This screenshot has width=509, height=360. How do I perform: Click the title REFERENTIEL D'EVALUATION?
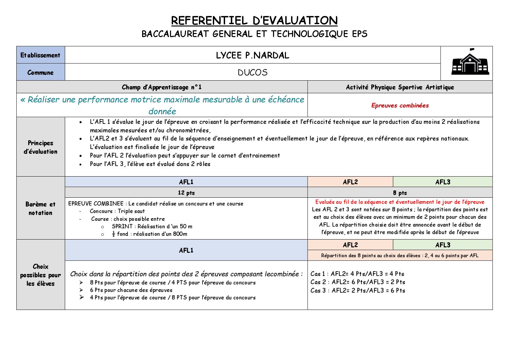pyautogui.click(x=254, y=21)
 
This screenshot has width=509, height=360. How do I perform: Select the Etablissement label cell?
pyautogui.click(x=40, y=55)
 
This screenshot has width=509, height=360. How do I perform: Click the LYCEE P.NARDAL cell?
pyautogui.click(x=253, y=55)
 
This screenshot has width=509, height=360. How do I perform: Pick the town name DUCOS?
pyautogui.click(x=253, y=72)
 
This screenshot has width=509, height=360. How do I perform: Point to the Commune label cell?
pyautogui.click(x=40, y=72)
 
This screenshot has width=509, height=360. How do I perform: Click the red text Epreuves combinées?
pyautogui.click(x=400, y=105)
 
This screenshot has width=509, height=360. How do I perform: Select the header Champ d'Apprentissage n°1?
pyautogui.click(x=162, y=87)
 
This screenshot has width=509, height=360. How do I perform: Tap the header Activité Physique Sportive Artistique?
pyautogui.click(x=400, y=87)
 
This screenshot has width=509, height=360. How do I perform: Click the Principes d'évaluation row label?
pyautogui.click(x=40, y=147)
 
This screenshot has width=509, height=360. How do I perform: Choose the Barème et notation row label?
pyautogui.click(x=40, y=208)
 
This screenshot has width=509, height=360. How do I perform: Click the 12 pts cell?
pyautogui.click(x=186, y=193)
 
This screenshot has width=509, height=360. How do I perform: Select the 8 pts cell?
pyautogui.click(x=400, y=193)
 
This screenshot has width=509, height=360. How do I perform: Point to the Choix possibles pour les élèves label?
pyautogui.click(x=40, y=275)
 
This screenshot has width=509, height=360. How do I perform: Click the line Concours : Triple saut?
pyautogui.click(x=117, y=211)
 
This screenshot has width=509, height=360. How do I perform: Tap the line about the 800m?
pyautogui.click(x=150, y=234)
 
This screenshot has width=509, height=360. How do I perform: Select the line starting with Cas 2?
pyautogui.click(x=358, y=282)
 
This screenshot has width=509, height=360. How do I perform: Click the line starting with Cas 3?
pyautogui.click(x=358, y=291)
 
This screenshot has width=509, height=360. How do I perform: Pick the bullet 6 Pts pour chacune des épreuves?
pyautogui.click(x=131, y=290)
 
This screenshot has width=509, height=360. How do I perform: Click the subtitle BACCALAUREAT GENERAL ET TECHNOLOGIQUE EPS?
pyautogui.click(x=254, y=34)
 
